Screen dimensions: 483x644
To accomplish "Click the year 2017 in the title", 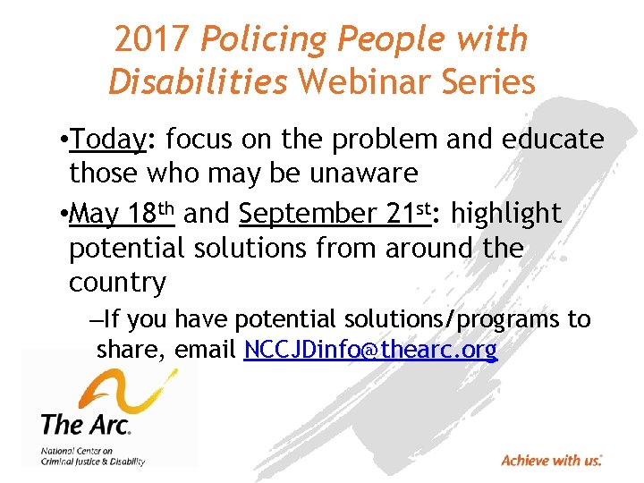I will tap(152, 38).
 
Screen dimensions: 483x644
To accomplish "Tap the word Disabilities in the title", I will tap(198, 81).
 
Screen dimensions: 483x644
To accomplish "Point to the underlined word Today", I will tap(108, 140).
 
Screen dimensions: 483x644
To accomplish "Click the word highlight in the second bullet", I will tap(507, 214).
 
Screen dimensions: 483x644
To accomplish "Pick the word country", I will tap(117, 283).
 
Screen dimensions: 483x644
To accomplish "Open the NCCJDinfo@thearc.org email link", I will tap(370, 350).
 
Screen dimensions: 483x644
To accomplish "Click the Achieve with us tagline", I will tap(551, 461).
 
